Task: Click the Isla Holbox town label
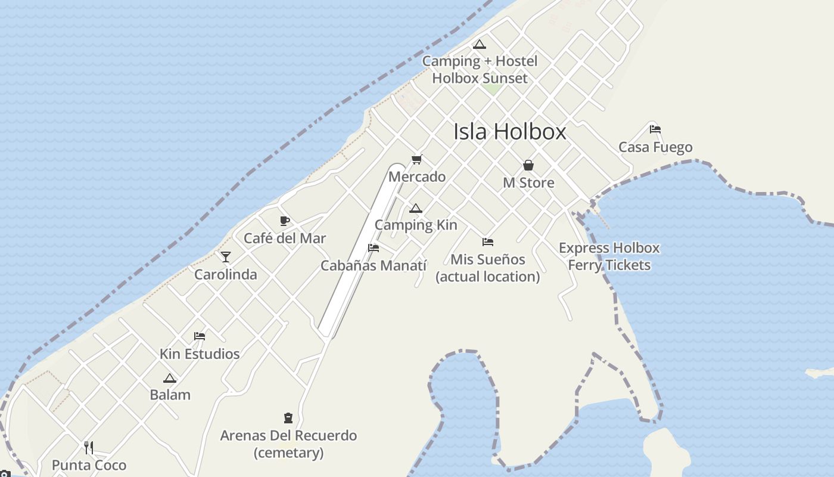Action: [509, 132]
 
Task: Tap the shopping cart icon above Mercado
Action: [417, 160]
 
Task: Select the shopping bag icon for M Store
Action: [528, 165]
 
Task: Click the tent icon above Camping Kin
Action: [416, 208]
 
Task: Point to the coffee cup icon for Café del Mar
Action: [285, 221]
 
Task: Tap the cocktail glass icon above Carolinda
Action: [226, 257]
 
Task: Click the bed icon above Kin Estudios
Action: [200, 336]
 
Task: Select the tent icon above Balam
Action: [170, 378]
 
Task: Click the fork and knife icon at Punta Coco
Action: [89, 447]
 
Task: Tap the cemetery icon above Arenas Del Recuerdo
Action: [288, 418]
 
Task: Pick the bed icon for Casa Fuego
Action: [655, 129]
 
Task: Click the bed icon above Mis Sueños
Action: [488, 242]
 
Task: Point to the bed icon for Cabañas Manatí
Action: [374, 248]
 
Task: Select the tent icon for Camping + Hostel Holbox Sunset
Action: [480, 44]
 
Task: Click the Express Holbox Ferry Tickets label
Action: [609, 256]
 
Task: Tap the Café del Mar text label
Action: [285, 238]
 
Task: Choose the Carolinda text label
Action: [226, 275]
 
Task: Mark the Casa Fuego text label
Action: [655, 147]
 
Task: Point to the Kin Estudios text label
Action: [200, 354]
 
